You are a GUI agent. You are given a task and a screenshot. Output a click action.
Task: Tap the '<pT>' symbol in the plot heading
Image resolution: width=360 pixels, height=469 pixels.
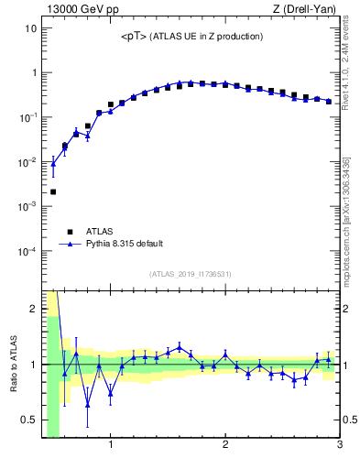(x=134, y=37)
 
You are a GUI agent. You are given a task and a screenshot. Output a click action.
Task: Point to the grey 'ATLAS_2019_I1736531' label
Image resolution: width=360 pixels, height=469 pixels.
(x=191, y=274)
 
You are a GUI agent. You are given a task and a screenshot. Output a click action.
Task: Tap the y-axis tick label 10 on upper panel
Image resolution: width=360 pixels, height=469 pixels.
(x=30, y=28)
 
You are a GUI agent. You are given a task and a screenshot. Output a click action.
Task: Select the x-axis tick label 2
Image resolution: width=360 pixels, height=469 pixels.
(x=225, y=446)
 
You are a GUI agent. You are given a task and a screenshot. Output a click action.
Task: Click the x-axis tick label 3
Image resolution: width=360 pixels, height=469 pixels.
(x=339, y=446)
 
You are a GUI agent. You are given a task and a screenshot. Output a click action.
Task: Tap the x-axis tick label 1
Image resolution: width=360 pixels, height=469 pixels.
(x=111, y=446)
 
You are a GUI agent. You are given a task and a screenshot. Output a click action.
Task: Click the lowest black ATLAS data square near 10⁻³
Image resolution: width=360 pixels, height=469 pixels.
(x=53, y=191)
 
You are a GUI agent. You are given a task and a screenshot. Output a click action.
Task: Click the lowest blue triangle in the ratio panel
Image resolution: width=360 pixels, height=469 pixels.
(x=88, y=404)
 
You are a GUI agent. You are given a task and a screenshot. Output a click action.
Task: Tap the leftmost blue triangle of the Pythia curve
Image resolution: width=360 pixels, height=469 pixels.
(x=53, y=164)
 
